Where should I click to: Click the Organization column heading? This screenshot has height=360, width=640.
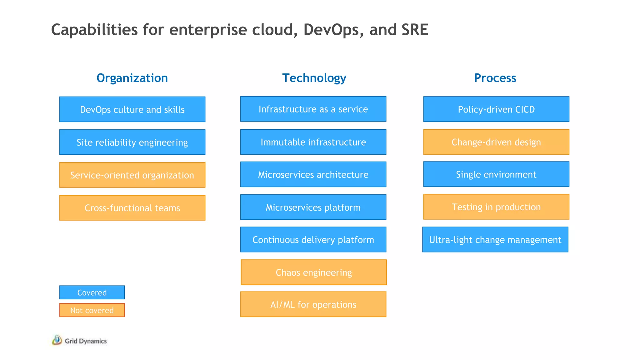[x=132, y=78]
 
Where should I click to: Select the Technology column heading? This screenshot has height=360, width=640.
[x=314, y=78]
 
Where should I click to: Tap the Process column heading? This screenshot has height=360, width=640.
[x=495, y=78]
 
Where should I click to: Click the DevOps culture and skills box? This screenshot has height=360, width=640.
[x=132, y=109]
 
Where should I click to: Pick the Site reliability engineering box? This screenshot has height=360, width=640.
[x=132, y=142]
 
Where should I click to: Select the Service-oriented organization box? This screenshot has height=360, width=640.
[x=132, y=175]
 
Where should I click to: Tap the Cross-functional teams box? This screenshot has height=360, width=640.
[x=132, y=208]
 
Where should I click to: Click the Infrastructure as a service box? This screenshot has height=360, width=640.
[x=313, y=109]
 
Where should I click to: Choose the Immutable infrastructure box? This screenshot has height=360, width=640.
[x=313, y=142]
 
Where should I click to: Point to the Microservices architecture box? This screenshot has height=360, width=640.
[x=313, y=174]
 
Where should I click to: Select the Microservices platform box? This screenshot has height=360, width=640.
[x=313, y=207]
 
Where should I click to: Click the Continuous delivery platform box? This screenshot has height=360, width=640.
[x=313, y=239]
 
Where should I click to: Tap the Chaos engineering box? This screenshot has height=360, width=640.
[x=314, y=272]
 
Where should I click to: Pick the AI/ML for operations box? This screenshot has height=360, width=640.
[x=313, y=304]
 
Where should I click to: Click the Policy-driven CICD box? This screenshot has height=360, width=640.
[x=496, y=109]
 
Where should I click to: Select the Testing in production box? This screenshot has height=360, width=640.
[x=496, y=207]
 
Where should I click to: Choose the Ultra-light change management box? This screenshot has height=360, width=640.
[x=495, y=239]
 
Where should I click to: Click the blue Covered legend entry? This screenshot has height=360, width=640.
[x=92, y=292]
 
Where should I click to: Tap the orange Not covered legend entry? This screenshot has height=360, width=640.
[x=92, y=310]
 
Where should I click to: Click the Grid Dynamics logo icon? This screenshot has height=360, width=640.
[x=57, y=340]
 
